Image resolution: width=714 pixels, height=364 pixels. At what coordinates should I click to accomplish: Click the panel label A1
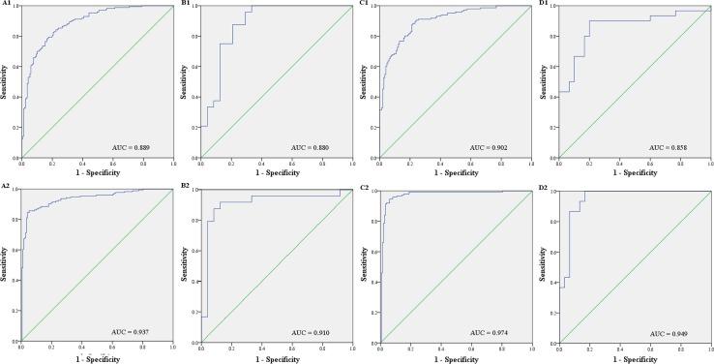click(x=7, y=4)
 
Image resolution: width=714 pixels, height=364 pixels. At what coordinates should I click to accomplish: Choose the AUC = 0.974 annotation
click(x=495, y=331)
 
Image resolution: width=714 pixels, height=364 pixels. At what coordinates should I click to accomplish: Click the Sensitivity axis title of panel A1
click(x=4, y=81)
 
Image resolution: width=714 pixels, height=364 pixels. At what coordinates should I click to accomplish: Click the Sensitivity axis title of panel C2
click(x=363, y=265)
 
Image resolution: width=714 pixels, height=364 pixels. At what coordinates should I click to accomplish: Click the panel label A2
click(x=7, y=188)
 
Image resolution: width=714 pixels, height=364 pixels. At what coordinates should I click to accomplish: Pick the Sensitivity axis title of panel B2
click(x=184, y=265)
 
